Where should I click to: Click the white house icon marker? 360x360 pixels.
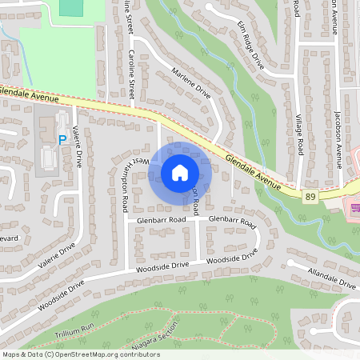coord(180,172)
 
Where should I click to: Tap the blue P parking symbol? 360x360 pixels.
coord(62,139)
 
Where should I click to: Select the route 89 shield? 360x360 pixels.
coord(309,195)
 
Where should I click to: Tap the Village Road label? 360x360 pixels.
coord(300,135)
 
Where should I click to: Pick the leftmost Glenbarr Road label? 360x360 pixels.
coord(161,218)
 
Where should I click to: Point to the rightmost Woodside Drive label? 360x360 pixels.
coord(232,257)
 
